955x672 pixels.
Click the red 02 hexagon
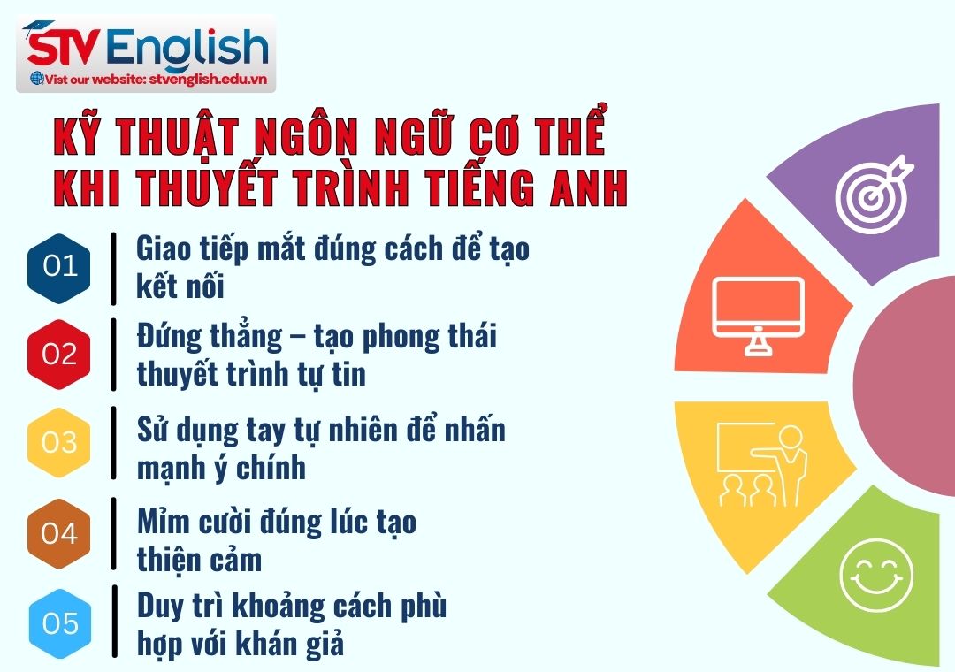[59, 355]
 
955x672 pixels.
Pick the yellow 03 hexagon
[59, 441]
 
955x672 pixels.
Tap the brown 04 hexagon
[59, 533]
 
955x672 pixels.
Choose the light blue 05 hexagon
[59, 623]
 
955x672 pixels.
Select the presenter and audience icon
[761, 466]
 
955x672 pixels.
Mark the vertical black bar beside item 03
[113, 443]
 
